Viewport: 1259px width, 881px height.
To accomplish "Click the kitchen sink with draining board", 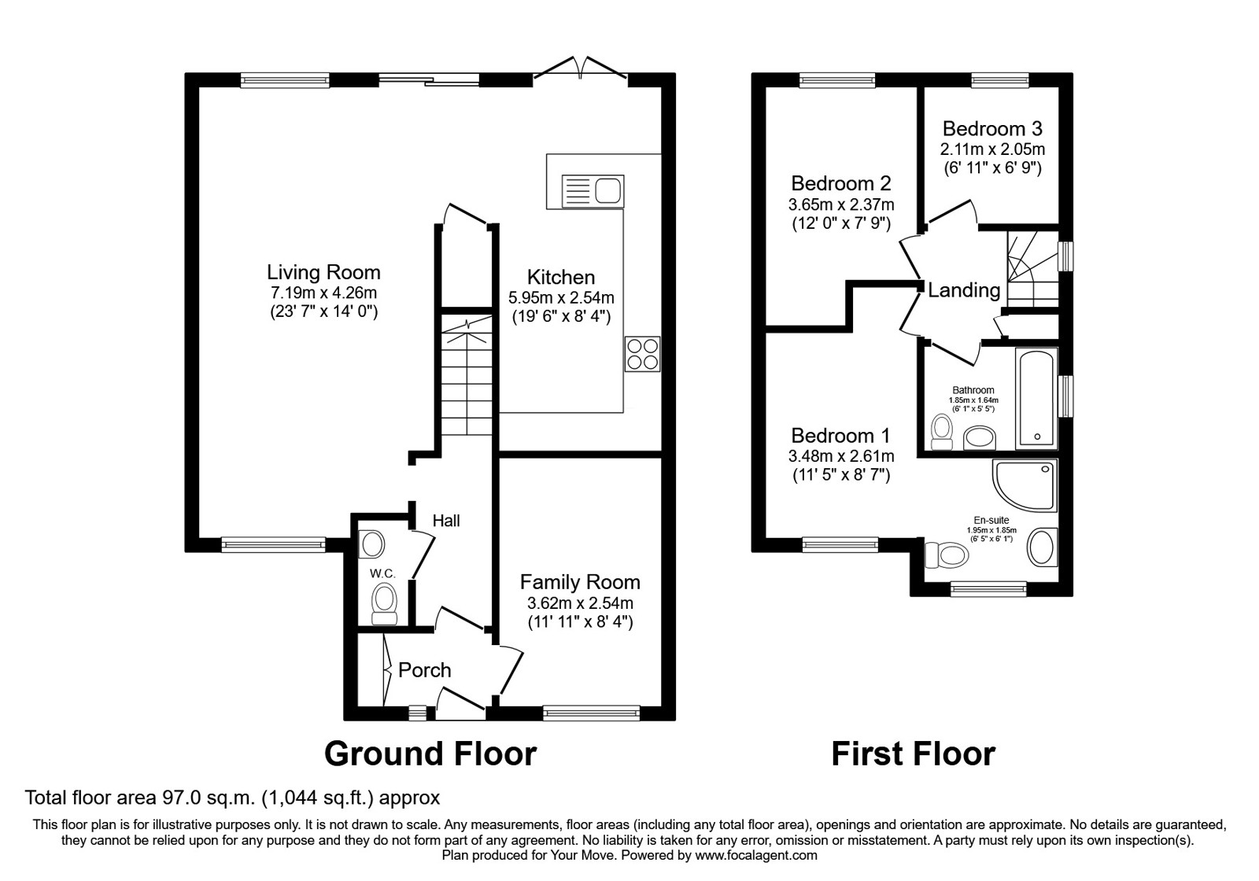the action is [593, 191].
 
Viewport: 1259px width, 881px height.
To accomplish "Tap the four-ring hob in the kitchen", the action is [642, 354].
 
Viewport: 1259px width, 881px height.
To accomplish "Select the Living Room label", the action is [323, 272].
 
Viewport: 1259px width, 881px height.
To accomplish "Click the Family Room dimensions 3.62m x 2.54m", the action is [580, 603].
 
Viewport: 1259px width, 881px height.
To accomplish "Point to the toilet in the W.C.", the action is [385, 603].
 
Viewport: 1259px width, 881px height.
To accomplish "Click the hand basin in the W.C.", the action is [371, 544].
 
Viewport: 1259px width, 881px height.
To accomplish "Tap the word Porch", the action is [424, 670].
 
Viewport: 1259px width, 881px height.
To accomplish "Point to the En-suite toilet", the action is [946, 555].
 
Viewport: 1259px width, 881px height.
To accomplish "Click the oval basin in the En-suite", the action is [1043, 547].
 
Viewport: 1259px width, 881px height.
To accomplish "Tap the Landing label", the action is [964, 290].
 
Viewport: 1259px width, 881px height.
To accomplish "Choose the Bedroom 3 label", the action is [992, 129].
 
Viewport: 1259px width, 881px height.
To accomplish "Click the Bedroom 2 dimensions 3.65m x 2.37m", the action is [841, 205].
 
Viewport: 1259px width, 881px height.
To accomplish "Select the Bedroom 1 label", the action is [841, 436].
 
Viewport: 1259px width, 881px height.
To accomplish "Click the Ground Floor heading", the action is [430, 754].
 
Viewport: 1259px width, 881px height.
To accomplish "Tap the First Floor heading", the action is [914, 754].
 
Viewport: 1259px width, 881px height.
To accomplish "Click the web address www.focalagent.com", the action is [756, 856].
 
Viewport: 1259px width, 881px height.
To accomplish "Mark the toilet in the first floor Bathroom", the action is [942, 433].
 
